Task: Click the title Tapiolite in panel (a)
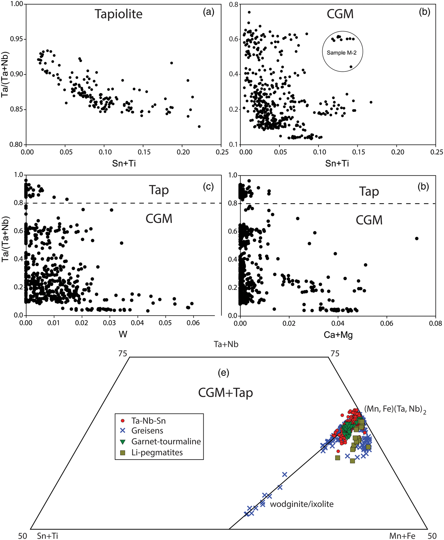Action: pyautogui.click(x=119, y=14)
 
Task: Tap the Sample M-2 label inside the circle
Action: pyautogui.click(x=342, y=53)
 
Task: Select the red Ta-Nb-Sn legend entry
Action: pyautogui.click(x=148, y=421)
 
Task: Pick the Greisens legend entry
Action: pyautogui.click(x=147, y=431)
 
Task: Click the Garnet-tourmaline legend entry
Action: pyautogui.click(x=166, y=442)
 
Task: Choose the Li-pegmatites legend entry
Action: pyautogui.click(x=157, y=452)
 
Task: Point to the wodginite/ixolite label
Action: pyautogui.click(x=302, y=504)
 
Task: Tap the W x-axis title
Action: pyautogui.click(x=123, y=334)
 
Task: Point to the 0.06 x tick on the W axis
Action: pyautogui.click(x=193, y=323)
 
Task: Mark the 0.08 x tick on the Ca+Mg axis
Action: pyautogui.click(x=435, y=323)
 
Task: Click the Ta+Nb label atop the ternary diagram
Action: pyautogui.click(x=226, y=344)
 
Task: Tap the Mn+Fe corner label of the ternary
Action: pyautogui.click(x=402, y=536)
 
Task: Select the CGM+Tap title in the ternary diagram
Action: pyautogui.click(x=225, y=393)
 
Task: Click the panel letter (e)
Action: pyautogui.click(x=224, y=373)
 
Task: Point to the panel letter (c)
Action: pyautogui.click(x=208, y=187)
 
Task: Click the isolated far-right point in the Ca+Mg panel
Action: pyautogui.click(x=417, y=239)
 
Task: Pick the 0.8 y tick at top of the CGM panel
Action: pyautogui.click(x=234, y=4)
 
